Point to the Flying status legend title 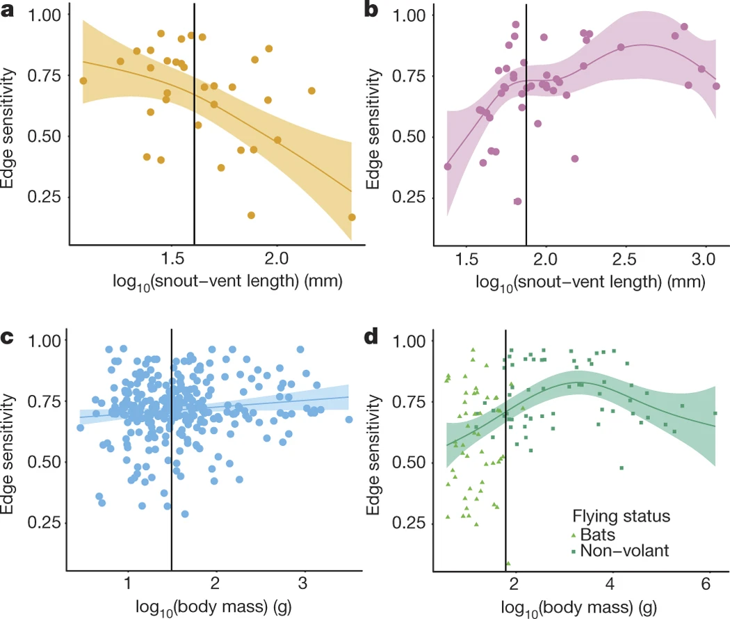pyautogui.click(x=621, y=516)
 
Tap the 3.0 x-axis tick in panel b pyautogui.click(x=704, y=259)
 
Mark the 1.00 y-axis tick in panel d pyautogui.click(x=409, y=341)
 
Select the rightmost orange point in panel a pyautogui.click(x=352, y=218)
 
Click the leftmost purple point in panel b pyautogui.click(x=448, y=166)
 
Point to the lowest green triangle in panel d pyautogui.click(x=508, y=563)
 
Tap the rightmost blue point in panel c pyautogui.click(x=349, y=419)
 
